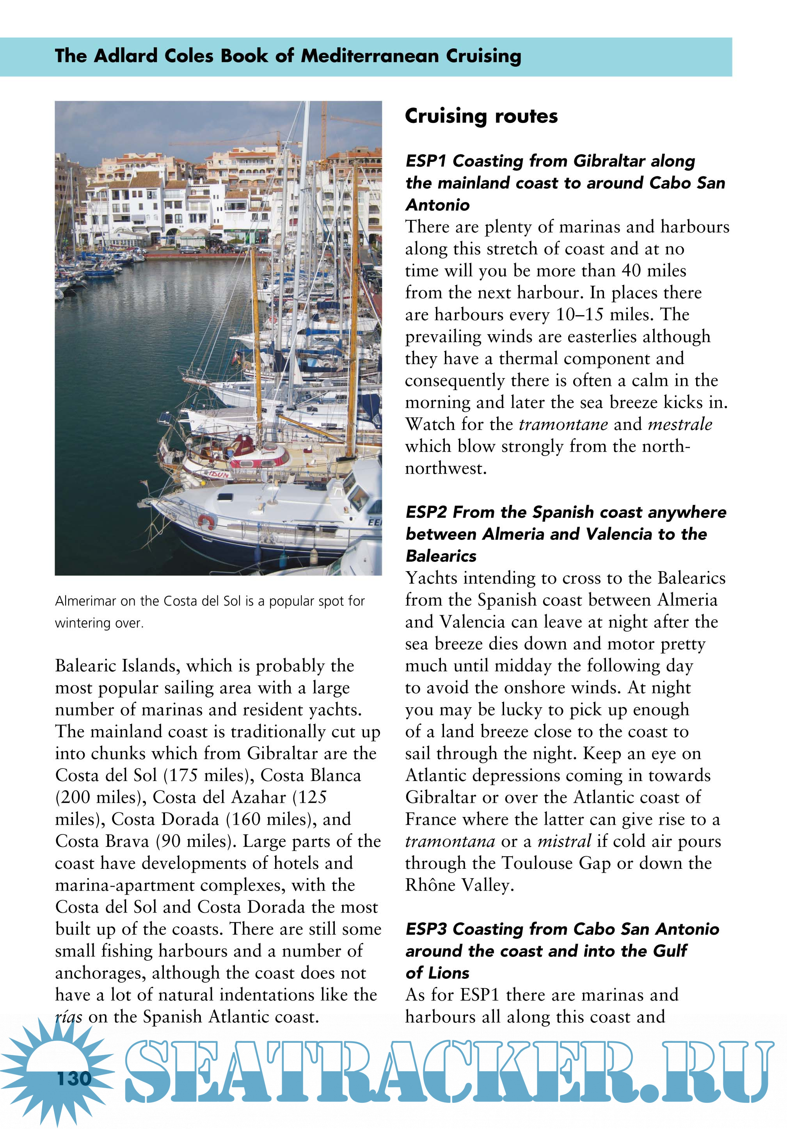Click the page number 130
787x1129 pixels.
click(x=74, y=1078)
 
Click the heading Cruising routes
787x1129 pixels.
click(x=481, y=116)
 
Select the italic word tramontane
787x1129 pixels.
click(x=563, y=424)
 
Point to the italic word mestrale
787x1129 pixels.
click(x=680, y=424)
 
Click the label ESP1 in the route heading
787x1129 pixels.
click(x=425, y=161)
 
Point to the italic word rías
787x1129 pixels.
click(x=68, y=1016)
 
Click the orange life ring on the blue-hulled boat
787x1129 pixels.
click(x=206, y=521)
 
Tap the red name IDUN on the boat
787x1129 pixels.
click(x=219, y=474)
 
